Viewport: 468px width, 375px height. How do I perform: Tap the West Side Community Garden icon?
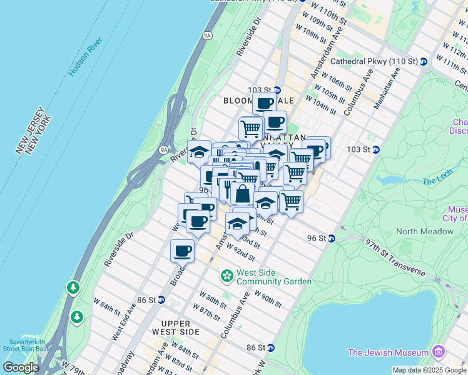tap(226, 274)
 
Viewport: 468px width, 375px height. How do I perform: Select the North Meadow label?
tap(424, 231)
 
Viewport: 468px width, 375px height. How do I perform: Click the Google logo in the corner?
tap(21, 367)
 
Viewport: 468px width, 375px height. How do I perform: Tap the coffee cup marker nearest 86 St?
tap(182, 251)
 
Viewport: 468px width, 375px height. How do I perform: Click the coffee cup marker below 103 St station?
tap(265, 104)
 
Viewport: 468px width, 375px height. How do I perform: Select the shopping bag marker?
tap(242, 193)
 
